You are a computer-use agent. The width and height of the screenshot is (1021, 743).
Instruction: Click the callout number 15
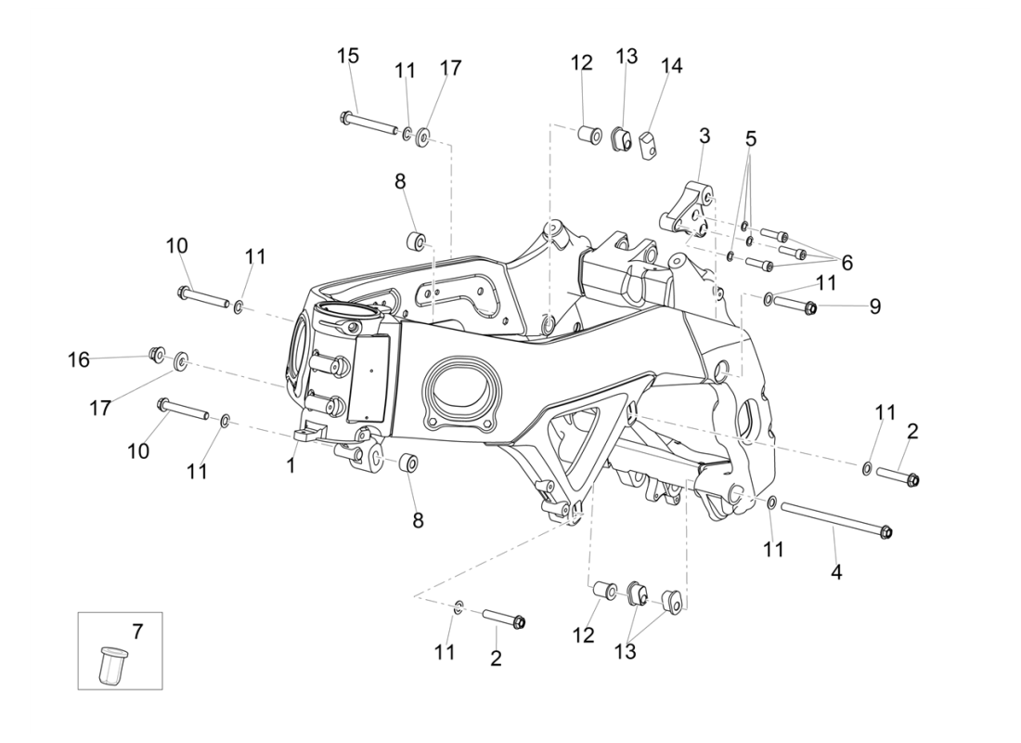coord(348,56)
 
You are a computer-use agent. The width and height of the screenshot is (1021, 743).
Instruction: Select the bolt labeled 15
coord(371,124)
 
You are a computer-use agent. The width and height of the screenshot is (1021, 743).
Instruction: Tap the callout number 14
coord(671,66)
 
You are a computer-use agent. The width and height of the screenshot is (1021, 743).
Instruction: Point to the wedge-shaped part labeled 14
coord(648,141)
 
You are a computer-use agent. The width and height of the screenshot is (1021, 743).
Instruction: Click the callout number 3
coord(704,136)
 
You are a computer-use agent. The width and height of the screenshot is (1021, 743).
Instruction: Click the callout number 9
coord(875,306)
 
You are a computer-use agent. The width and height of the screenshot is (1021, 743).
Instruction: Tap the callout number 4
coord(836,572)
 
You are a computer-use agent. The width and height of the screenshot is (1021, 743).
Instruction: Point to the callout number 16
coord(79,359)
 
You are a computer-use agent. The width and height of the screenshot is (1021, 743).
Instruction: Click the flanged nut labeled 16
coord(157,354)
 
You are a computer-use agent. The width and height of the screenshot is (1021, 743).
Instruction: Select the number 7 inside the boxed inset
coord(137,632)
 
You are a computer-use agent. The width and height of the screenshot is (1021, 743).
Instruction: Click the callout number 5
coord(751,139)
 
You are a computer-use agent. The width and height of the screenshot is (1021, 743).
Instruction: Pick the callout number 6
coord(847,263)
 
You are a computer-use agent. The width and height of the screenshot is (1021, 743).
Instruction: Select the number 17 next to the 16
coord(101,408)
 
